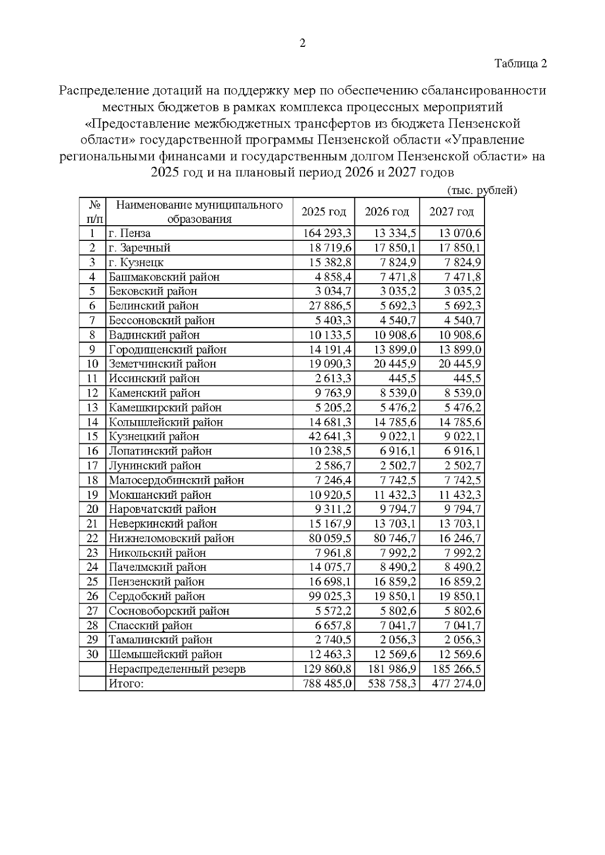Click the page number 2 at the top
302,43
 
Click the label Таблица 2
520,63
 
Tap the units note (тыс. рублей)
482,190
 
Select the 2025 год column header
324,212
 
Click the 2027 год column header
452,212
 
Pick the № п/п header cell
93,212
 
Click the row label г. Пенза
130,233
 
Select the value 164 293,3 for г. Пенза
328,233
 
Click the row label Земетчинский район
162,364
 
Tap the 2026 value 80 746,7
394,538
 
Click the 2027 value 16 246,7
459,538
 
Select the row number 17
92,466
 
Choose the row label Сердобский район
157,597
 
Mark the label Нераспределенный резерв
177,669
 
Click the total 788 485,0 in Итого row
328,684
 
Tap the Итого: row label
126,684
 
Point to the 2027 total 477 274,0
457,684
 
